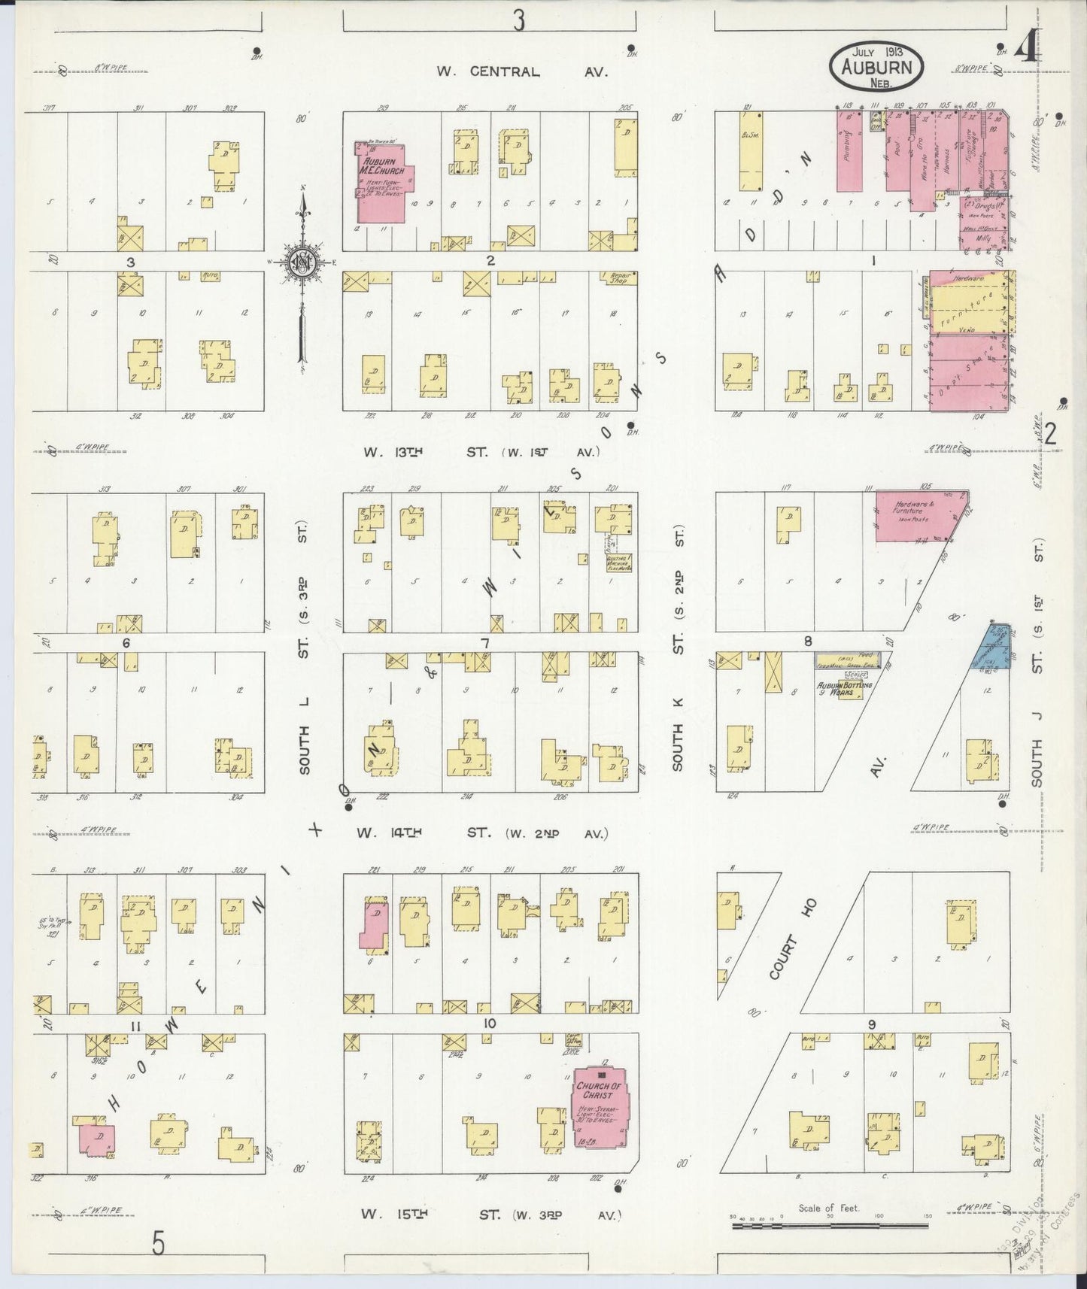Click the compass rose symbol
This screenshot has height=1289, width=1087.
coord(302,262)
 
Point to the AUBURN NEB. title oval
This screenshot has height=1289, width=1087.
coord(878,66)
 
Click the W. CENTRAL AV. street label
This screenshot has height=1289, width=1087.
coord(522,72)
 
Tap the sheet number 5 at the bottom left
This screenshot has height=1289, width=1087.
coord(158,1245)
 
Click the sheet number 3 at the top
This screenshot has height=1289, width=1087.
coord(518,23)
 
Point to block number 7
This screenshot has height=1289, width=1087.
coord(486,644)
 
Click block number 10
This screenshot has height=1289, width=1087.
coord(490,1024)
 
